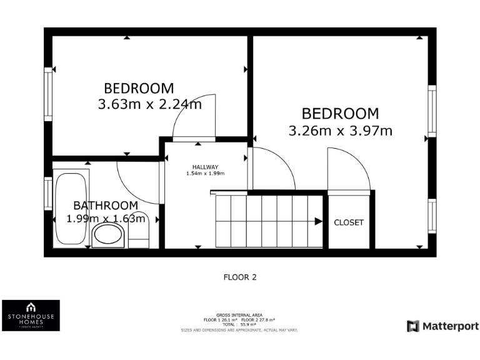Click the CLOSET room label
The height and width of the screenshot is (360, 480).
[x=348, y=222]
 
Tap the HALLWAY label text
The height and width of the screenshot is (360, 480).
[x=205, y=167]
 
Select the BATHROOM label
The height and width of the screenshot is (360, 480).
[x=106, y=206]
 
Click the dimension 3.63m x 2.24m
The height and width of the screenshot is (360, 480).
[x=149, y=104]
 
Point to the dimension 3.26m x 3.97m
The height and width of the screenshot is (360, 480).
[x=340, y=131]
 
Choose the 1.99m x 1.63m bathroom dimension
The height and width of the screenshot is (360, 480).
[x=106, y=219]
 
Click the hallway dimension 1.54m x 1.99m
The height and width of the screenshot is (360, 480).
[x=205, y=174]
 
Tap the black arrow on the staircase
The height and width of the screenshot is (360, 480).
[x=318, y=221]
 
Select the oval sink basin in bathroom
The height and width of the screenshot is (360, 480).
[x=109, y=236]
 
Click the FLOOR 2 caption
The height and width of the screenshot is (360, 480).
[x=240, y=276]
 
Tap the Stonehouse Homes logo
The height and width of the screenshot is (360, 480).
[x=31, y=316]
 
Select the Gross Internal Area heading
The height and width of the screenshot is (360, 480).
[x=239, y=314]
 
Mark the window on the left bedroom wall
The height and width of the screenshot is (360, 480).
[x=48, y=94]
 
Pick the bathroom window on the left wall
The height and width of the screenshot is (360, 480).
[x=48, y=194]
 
